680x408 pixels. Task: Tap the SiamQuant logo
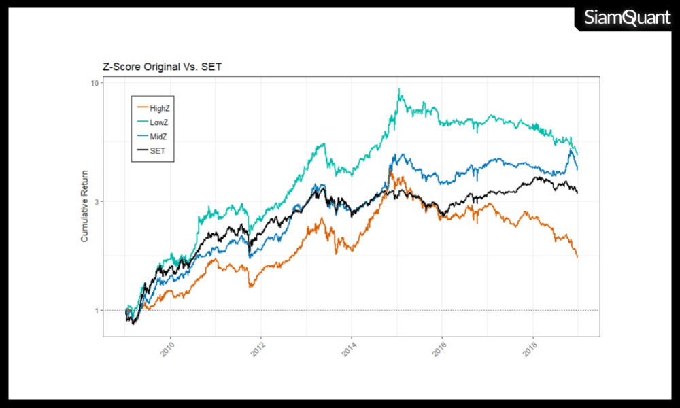[x=626, y=18]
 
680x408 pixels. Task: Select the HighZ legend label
[x=160, y=108]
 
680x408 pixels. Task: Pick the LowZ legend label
[x=159, y=122]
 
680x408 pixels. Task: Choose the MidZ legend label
[x=158, y=137]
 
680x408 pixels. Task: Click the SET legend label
[x=157, y=151]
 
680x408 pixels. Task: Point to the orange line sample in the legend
[x=142, y=108]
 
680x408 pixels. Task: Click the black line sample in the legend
[x=142, y=151]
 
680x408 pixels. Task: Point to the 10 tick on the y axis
[x=95, y=83]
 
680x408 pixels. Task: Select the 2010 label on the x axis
[x=167, y=350]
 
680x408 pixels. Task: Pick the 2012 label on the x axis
[x=258, y=350]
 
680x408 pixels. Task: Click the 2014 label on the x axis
[x=348, y=350]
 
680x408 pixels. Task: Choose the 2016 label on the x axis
[x=439, y=350]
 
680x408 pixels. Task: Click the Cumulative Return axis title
[x=85, y=206]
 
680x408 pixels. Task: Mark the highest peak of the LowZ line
[x=399, y=90]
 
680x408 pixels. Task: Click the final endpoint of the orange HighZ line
[x=577, y=257]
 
